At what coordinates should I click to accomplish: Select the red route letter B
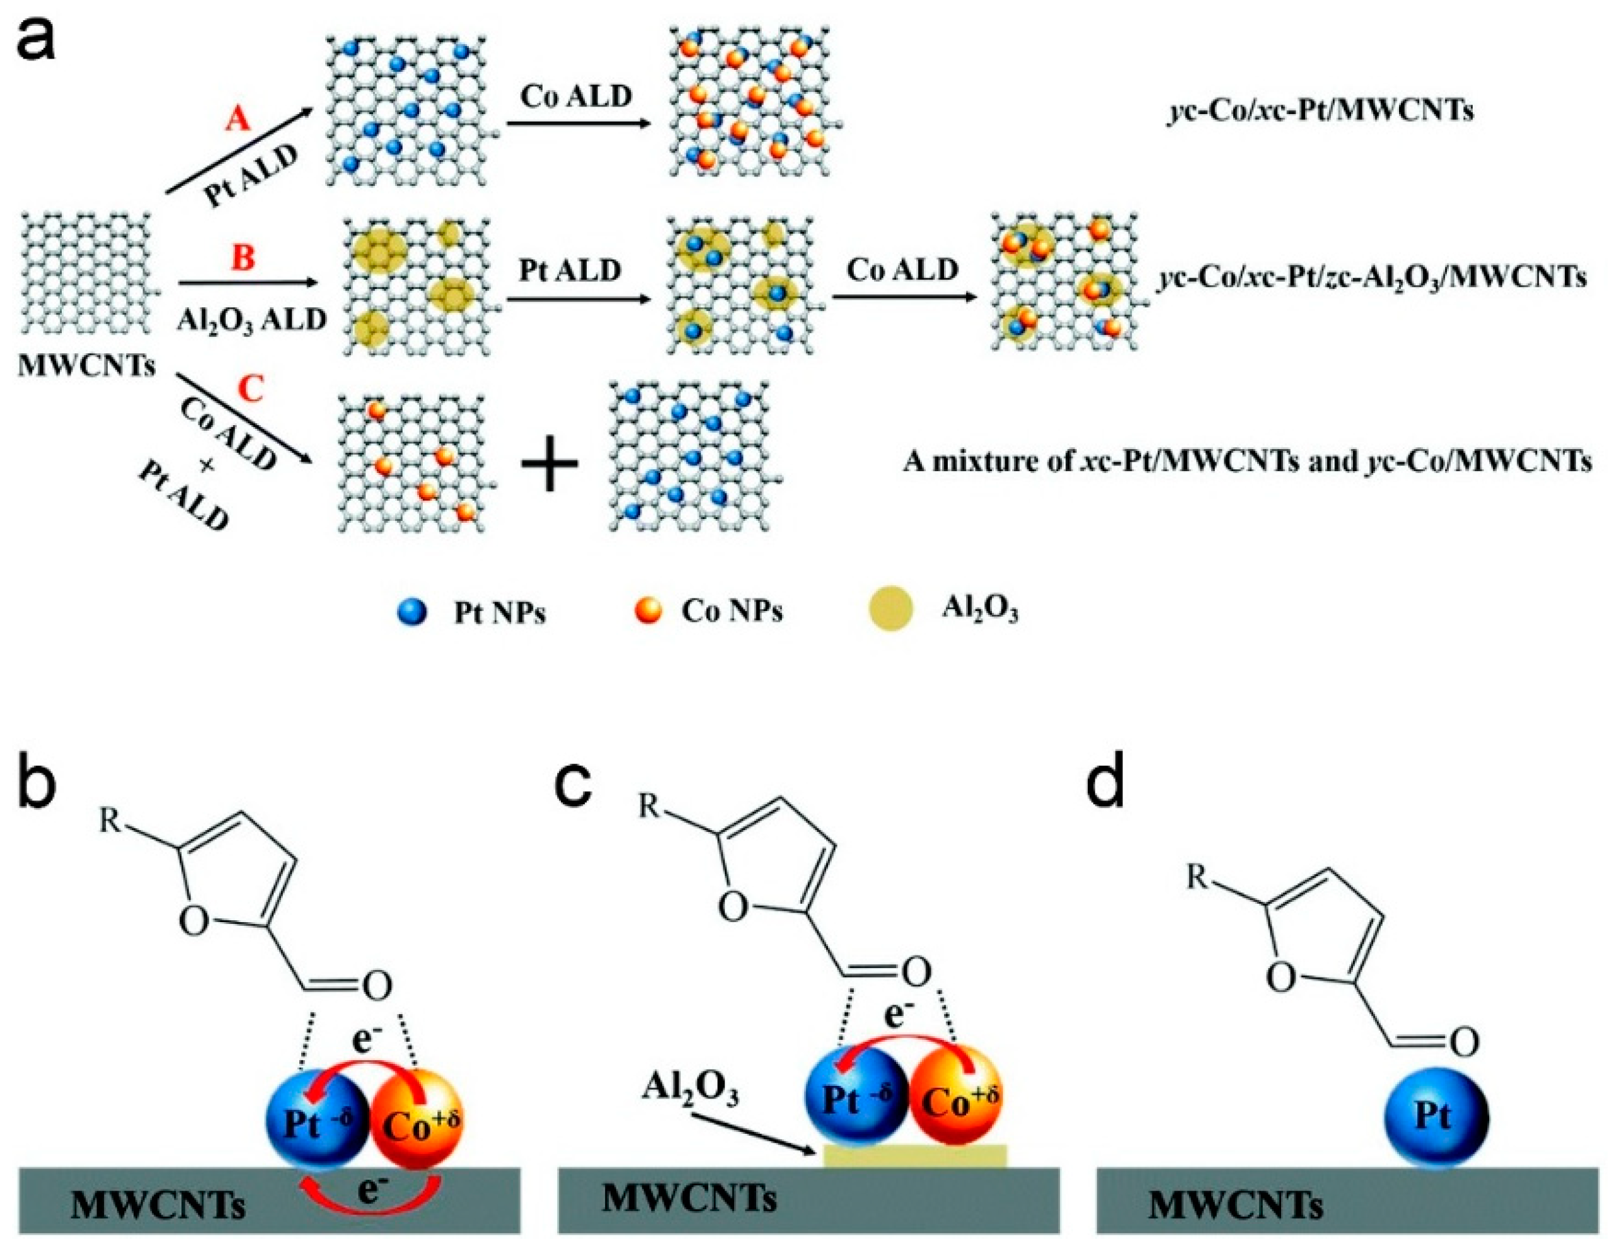pyautogui.click(x=243, y=259)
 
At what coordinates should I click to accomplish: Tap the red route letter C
pyautogui.click(x=251, y=389)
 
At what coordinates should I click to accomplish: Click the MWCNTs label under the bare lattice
pyautogui.click(x=86, y=366)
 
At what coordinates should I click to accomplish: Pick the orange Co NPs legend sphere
pyautogui.click(x=648, y=611)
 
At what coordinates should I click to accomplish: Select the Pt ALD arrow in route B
pyautogui.click(x=568, y=298)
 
